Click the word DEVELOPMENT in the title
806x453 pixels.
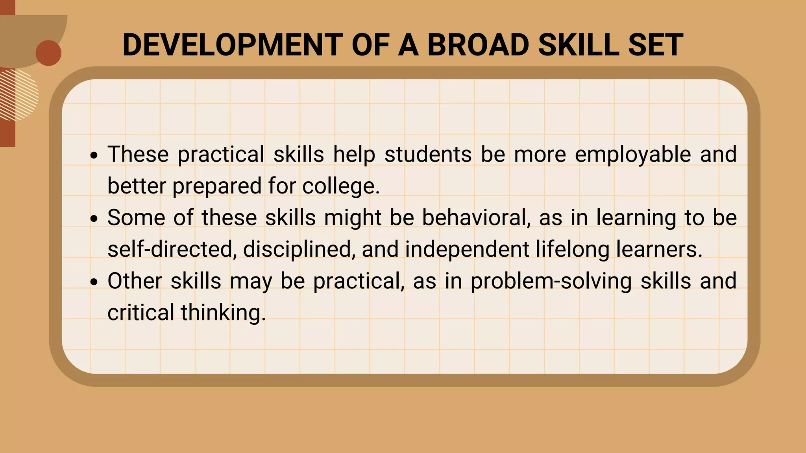[x=232, y=45]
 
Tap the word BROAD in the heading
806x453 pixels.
[x=478, y=45]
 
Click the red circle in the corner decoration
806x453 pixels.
[x=48, y=53]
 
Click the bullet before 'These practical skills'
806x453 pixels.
[x=94, y=156]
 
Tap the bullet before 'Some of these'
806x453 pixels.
[x=94, y=219]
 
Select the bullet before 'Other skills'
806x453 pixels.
[x=94, y=282]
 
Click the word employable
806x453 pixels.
[x=633, y=154]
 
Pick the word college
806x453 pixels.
[x=341, y=186]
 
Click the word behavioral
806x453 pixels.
[x=476, y=217]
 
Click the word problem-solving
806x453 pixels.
[x=551, y=281]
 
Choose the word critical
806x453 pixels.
[x=140, y=313]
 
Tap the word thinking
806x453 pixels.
[x=223, y=313]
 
